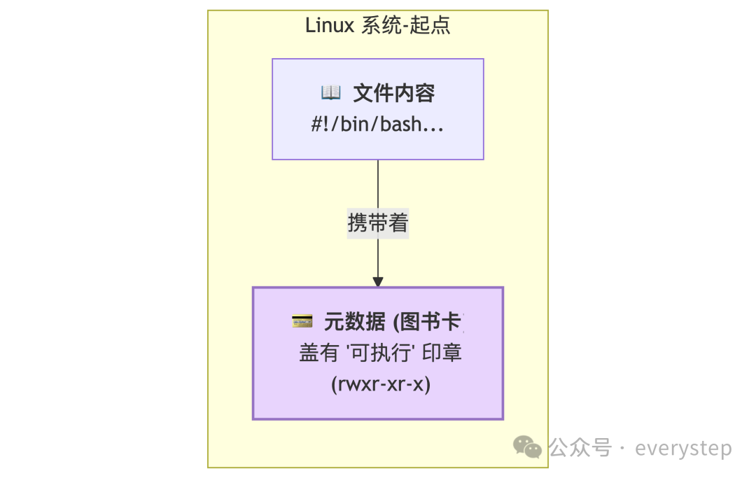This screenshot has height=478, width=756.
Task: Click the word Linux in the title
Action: [330, 26]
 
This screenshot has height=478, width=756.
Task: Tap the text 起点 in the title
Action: [431, 26]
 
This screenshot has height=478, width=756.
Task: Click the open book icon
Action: [330, 92]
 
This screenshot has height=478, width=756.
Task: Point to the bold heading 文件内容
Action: [393, 92]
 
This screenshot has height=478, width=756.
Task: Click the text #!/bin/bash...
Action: [378, 125]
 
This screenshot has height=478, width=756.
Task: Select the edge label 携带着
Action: [378, 223]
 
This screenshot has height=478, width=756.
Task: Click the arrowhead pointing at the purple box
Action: [378, 281]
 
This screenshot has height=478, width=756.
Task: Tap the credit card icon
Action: [302, 321]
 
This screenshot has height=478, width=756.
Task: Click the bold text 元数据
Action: [354, 321]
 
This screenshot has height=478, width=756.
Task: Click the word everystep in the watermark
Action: [683, 448]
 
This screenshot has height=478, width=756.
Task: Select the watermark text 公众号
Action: [580, 447]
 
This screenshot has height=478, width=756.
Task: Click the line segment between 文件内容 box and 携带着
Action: [378, 184]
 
